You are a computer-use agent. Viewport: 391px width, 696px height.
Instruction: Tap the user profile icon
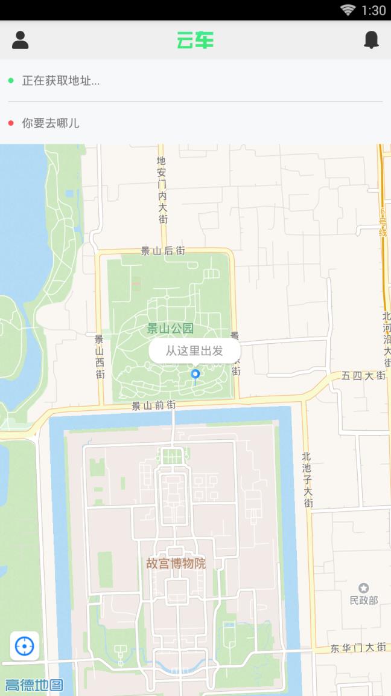21,40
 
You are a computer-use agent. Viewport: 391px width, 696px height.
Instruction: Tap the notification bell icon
371,40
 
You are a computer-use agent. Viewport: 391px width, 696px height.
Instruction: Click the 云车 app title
195,40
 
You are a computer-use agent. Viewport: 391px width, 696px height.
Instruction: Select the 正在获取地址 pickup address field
61,80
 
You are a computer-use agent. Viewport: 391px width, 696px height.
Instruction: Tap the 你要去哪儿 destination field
51,123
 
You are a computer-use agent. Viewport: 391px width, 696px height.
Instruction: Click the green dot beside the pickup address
11,80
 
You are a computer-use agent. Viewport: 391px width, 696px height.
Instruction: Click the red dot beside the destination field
11,123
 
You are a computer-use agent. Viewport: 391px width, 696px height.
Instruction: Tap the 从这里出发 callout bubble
194,350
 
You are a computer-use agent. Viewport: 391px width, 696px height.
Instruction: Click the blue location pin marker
195,375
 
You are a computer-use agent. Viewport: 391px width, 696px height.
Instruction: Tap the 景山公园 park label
170,329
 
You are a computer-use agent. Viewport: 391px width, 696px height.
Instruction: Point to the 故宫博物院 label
176,564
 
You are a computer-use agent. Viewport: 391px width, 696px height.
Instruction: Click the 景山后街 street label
163,251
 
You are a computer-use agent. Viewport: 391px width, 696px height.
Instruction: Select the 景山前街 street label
154,406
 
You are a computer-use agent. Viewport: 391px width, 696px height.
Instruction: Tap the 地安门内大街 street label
162,190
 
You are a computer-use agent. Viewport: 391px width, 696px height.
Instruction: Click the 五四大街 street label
363,376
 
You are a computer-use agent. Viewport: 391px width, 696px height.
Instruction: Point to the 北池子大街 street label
308,480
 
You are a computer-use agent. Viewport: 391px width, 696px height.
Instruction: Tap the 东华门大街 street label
358,648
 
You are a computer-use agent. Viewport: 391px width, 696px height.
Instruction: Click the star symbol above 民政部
363,588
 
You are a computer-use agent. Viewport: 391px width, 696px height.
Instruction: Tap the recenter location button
25,646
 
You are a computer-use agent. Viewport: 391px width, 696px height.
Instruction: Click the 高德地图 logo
34,685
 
